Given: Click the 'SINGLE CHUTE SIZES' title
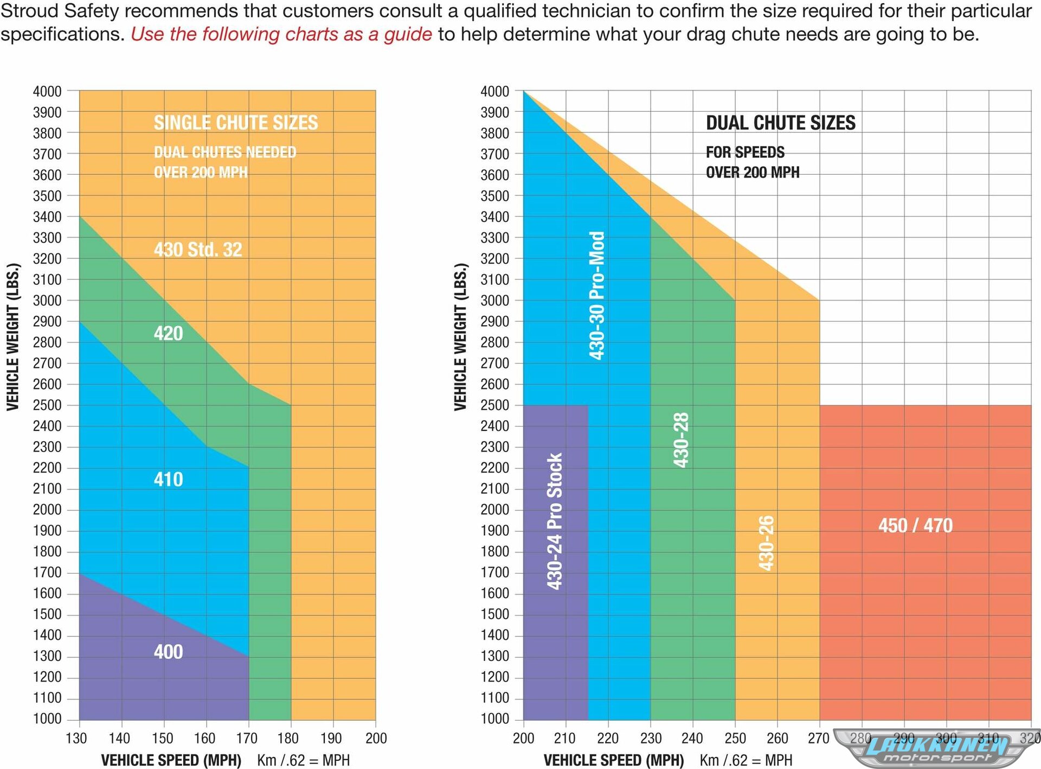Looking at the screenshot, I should tap(235, 123).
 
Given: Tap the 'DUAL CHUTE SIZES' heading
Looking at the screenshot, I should tap(780, 123).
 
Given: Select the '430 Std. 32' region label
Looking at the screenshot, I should tap(198, 250).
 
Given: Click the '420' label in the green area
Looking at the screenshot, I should tap(168, 333).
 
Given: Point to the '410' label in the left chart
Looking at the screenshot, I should tap(168, 479).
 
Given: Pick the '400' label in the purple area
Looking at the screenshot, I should tap(168, 652).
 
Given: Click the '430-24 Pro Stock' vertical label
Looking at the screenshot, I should tap(555, 522).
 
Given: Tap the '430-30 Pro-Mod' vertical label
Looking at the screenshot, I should tap(596, 296).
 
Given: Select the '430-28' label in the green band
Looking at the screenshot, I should tap(681, 440).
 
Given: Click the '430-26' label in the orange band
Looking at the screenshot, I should tap(766, 543).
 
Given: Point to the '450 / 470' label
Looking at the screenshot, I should tap(915, 525).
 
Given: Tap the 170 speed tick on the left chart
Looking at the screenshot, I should tap(247, 738).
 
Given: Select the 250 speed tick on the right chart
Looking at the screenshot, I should tap(735, 738).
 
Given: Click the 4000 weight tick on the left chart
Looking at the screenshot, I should tap(47, 91).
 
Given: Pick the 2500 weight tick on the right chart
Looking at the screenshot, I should tap(494, 405).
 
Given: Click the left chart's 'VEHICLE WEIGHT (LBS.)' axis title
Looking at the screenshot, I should tap(13, 336).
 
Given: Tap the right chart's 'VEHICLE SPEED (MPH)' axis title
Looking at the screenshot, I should tap(614, 760).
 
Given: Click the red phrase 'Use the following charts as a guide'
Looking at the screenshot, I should tap(281, 34).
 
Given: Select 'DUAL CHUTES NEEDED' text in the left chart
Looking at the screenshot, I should tap(225, 152).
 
